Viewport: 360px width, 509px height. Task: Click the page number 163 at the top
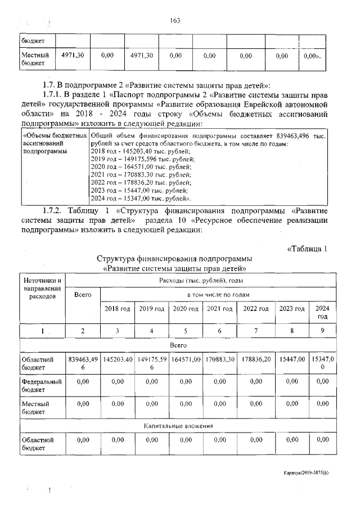(174, 21)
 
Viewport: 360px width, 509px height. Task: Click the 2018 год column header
(117, 309)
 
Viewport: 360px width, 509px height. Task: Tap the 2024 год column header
(322, 312)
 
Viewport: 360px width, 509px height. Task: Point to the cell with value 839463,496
(83, 363)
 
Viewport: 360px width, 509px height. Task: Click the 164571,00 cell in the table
(186, 359)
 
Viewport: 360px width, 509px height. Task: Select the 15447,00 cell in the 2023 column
(292, 359)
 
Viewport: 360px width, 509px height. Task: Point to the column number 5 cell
(186, 331)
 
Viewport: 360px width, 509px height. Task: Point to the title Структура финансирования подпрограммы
(174, 259)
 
